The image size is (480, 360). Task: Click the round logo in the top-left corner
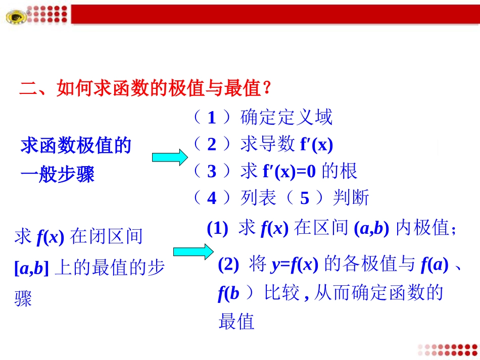(18, 17)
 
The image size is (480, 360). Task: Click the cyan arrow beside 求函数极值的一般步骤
(170, 158)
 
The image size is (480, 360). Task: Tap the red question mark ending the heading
(268, 89)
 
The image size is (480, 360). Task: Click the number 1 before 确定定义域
(212, 118)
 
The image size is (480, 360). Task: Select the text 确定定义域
(286, 118)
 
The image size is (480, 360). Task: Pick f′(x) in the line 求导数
(316, 145)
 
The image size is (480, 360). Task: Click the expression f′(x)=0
(289, 172)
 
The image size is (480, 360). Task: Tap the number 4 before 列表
(212, 198)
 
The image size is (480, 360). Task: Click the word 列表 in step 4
(258, 198)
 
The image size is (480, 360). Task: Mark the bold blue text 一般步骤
(58, 175)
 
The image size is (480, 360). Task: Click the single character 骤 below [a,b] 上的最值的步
(23, 299)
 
